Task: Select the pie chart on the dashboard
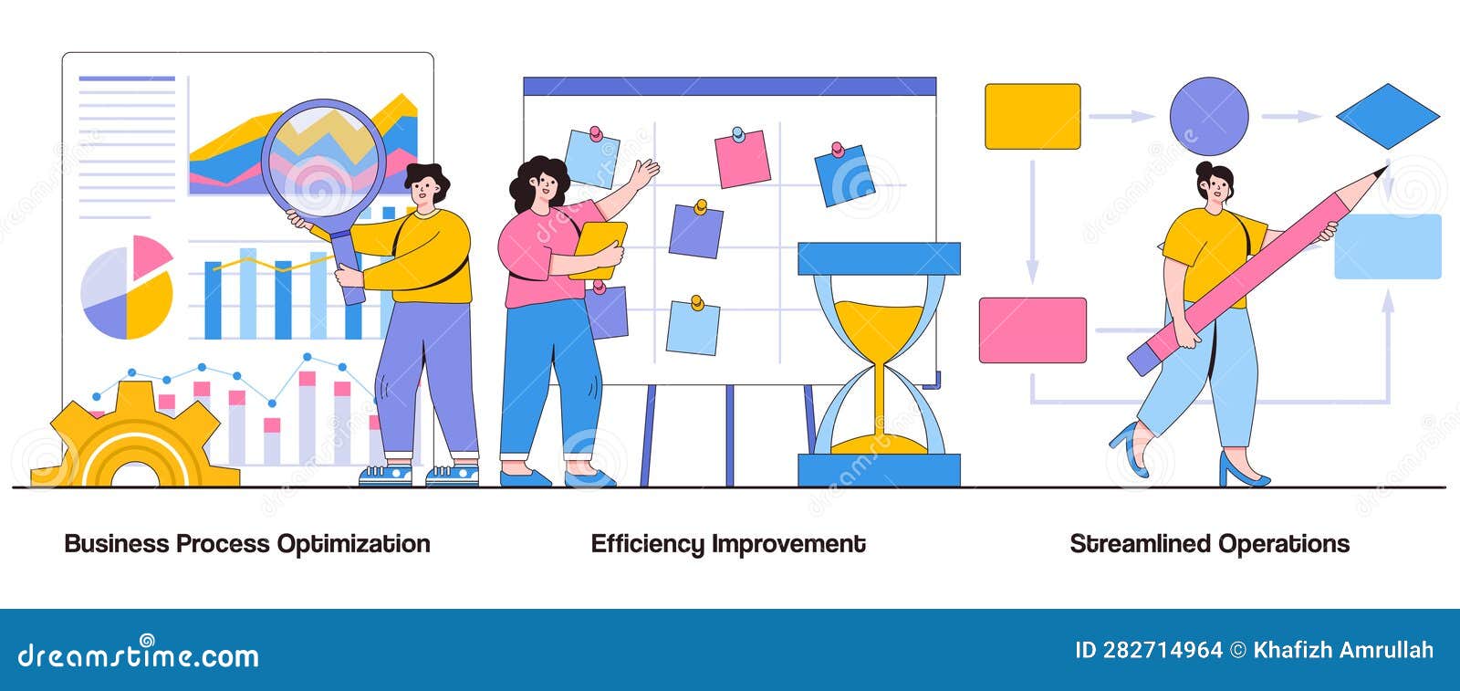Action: click(x=127, y=288)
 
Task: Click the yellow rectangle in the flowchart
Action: click(x=1032, y=116)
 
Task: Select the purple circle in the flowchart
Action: click(x=1208, y=116)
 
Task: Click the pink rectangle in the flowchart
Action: click(x=1032, y=330)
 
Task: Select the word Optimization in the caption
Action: click(x=353, y=544)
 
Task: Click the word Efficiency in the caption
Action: click(x=647, y=544)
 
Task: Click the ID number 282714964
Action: click(x=1162, y=650)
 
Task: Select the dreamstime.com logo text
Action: click(x=139, y=655)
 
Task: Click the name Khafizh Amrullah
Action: click(x=1343, y=650)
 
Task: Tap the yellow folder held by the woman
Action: click(x=599, y=249)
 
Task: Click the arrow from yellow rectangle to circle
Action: click(x=1121, y=116)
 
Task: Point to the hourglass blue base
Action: click(x=879, y=469)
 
